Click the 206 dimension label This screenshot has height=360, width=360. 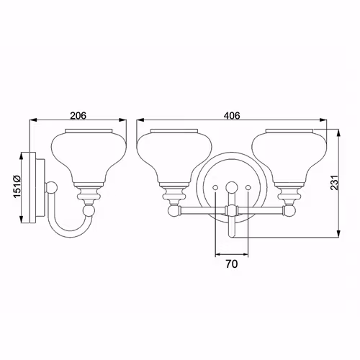[x=78, y=115]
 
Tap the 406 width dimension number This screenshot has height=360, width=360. [x=232, y=115]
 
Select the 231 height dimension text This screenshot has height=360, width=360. [x=334, y=183]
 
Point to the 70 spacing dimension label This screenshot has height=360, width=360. [x=232, y=264]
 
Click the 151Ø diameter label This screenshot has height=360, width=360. [x=17, y=186]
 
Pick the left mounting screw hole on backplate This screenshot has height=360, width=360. [x=215, y=186]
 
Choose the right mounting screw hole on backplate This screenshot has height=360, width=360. [x=248, y=186]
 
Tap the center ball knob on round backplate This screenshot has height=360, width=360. [x=232, y=186]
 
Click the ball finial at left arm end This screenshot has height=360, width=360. [x=174, y=210]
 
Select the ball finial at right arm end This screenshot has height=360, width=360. [x=290, y=210]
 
